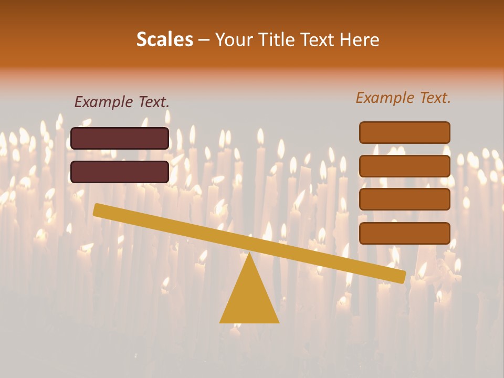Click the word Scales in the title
pyautogui.click(x=165, y=39)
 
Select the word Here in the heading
pyautogui.click(x=360, y=39)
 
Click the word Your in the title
pyautogui.click(x=233, y=39)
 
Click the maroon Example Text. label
pyautogui.click(x=122, y=102)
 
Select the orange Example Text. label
pyautogui.click(x=403, y=98)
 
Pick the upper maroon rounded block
pyautogui.click(x=120, y=138)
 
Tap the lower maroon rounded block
pyautogui.click(x=120, y=172)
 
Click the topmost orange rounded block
pyautogui.click(x=404, y=132)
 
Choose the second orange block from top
pyautogui.click(x=404, y=166)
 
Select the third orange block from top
pyautogui.click(x=404, y=199)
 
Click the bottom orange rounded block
pyautogui.click(x=404, y=233)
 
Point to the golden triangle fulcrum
pyautogui.click(x=249, y=297)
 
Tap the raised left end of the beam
pyautogui.click(x=97, y=209)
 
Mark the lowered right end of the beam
pyautogui.click(x=402, y=277)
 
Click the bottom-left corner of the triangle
pyautogui.click(x=220, y=322)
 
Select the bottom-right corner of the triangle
pyautogui.click(x=278, y=322)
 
